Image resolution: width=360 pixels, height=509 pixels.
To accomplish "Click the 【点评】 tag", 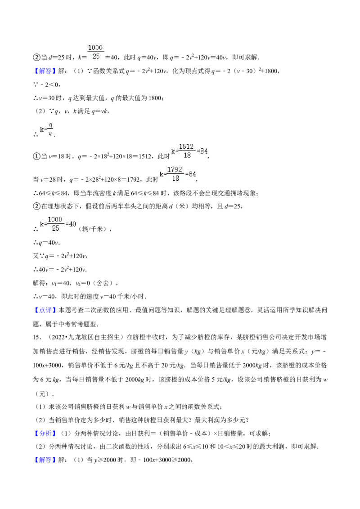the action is [45, 310].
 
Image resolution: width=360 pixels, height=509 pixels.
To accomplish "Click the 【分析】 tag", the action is [45, 433].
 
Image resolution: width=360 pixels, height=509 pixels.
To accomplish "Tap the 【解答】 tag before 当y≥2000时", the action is [45, 460].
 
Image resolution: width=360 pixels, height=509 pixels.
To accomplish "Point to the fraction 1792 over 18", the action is [175, 174].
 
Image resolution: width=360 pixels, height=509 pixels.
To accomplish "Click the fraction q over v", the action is [50, 129].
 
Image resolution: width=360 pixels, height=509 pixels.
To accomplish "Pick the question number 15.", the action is [37, 337].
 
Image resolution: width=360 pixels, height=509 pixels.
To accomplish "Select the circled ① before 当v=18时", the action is [36, 156].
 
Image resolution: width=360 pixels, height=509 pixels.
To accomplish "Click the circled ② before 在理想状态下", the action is [36, 206].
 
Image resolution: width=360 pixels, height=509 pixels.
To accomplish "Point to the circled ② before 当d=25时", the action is [36, 58].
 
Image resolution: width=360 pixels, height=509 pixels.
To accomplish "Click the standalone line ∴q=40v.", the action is [46, 243].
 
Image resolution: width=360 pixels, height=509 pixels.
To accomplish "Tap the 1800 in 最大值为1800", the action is [154, 98].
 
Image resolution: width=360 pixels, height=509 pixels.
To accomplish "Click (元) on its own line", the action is [42, 394].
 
